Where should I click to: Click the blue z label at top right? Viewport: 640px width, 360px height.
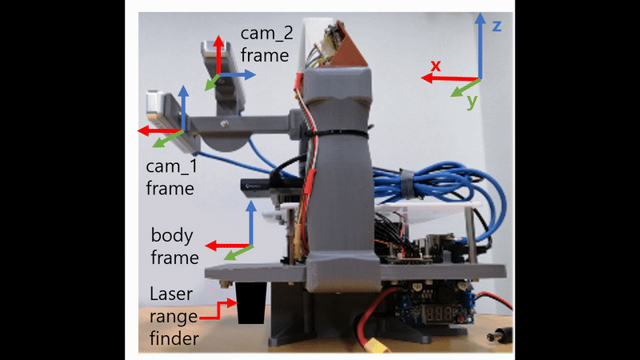click(497, 26)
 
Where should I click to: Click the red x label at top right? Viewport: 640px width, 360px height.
click(436, 65)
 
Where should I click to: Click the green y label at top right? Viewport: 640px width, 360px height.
click(471, 102)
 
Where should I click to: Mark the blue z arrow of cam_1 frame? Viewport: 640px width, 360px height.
click(183, 108)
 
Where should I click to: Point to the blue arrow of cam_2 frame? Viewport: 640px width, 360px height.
click(238, 74)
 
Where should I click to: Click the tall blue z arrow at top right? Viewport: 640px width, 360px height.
click(480, 44)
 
